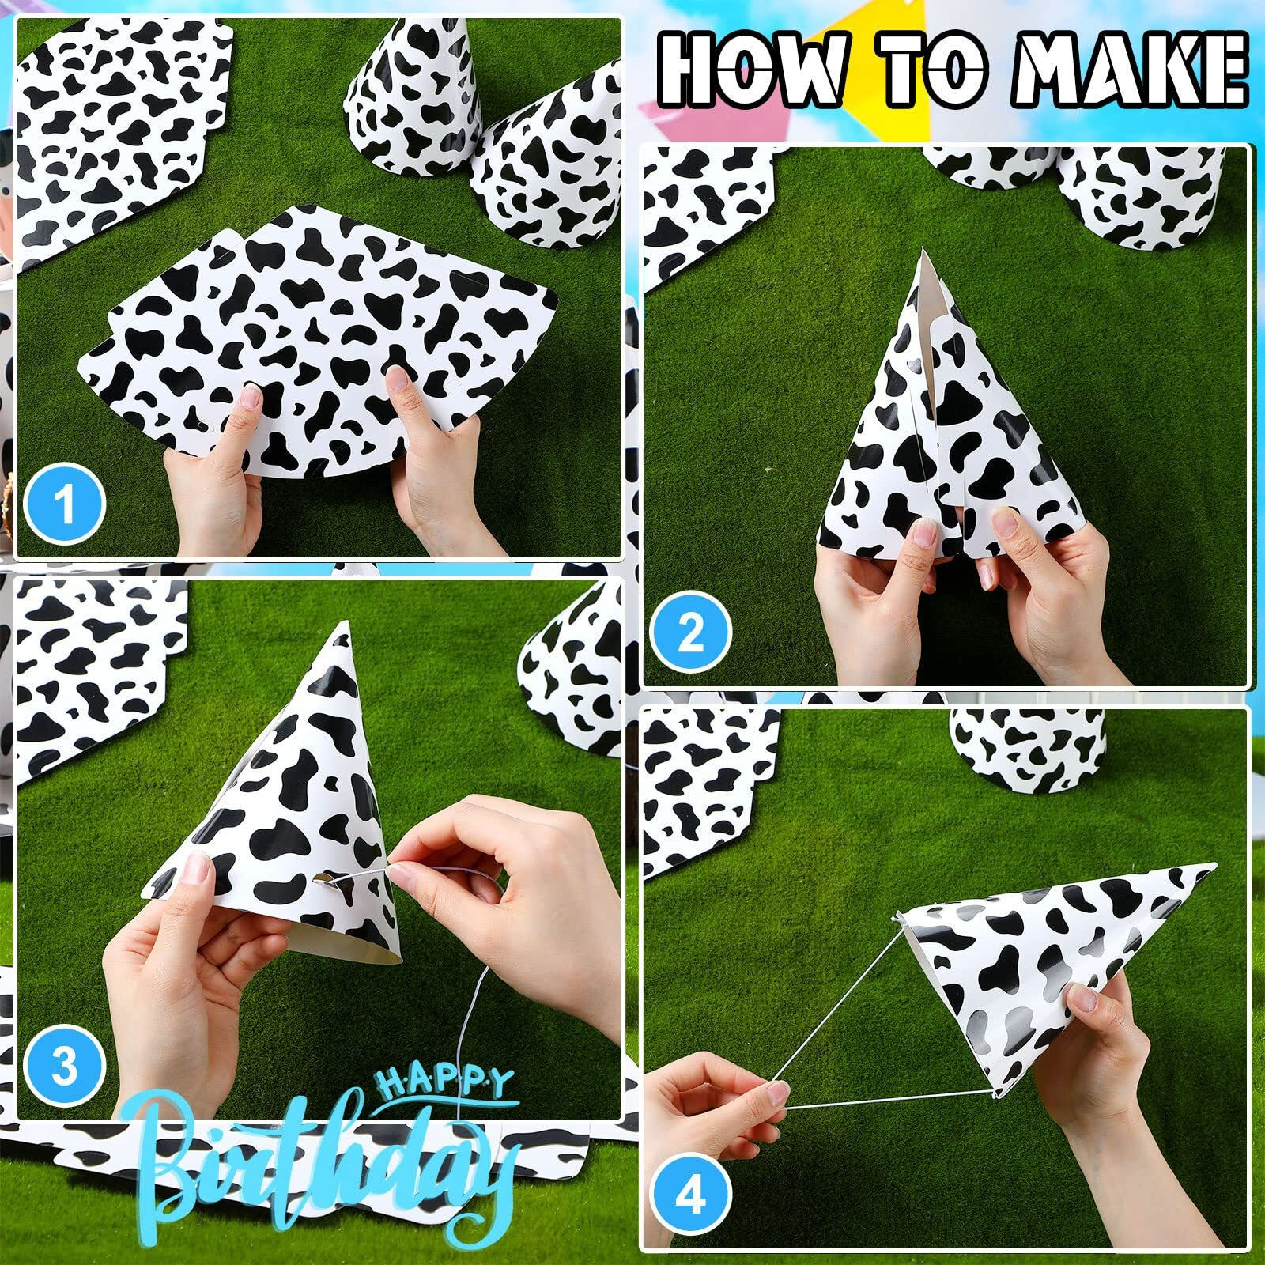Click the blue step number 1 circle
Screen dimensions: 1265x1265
pyautogui.click(x=65, y=503)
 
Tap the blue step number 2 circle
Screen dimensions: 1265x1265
pyautogui.click(x=691, y=632)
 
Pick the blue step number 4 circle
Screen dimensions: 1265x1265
pyautogui.click(x=691, y=1199)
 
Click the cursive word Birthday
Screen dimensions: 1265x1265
pyautogui.click(x=324, y=1162)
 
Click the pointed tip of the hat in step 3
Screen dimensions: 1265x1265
pyautogui.click(x=343, y=623)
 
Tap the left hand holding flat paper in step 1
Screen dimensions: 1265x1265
pyautogui.click(x=213, y=474)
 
